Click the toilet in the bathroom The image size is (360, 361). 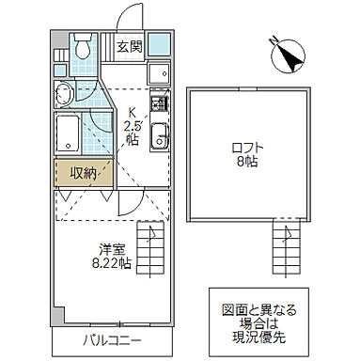83,45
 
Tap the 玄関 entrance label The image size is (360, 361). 130,44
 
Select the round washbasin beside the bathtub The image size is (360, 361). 66,94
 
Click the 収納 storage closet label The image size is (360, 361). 84,172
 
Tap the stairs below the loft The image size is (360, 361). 286,248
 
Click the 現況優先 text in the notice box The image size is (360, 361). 262,335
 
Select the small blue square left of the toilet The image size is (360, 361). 60,44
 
